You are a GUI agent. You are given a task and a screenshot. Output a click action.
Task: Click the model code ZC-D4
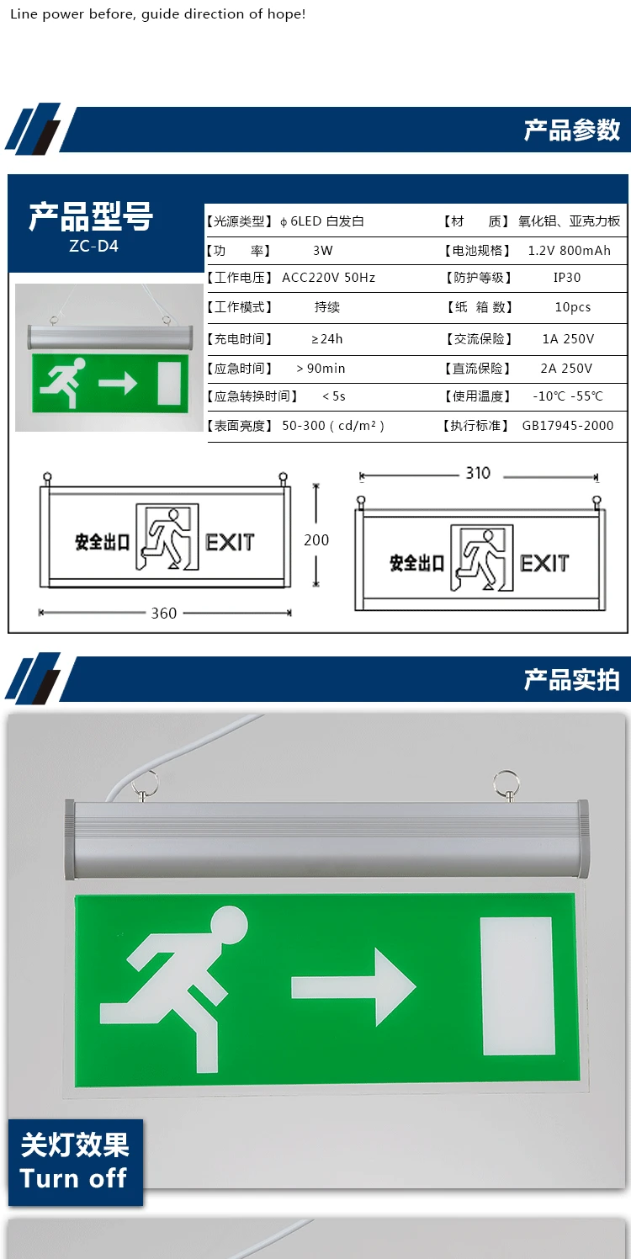tap(93, 247)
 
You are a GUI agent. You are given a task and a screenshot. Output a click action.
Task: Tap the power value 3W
tap(323, 251)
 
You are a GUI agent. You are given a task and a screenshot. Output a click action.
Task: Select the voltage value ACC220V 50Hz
tap(328, 278)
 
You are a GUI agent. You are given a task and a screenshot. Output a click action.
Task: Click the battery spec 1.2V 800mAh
tap(569, 251)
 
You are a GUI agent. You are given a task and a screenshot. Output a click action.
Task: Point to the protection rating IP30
tap(567, 278)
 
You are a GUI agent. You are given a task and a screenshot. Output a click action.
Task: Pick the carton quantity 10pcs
tap(572, 307)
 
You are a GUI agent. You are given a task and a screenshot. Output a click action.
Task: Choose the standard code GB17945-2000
tap(568, 426)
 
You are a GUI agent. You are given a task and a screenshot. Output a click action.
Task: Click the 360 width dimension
tap(164, 613)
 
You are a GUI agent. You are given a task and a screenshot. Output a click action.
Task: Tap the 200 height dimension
tap(316, 540)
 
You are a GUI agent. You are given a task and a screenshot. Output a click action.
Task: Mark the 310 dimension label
tap(478, 474)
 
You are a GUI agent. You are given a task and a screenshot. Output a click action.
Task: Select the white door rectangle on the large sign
tap(517, 985)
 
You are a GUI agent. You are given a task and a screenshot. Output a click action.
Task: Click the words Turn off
tap(73, 1178)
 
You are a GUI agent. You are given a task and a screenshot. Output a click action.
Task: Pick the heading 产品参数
tap(572, 130)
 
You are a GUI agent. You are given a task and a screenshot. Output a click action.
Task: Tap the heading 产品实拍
tap(572, 679)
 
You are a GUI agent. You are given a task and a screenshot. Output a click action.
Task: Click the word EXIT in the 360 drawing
tap(230, 542)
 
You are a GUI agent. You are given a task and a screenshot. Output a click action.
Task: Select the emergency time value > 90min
tap(321, 369)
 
